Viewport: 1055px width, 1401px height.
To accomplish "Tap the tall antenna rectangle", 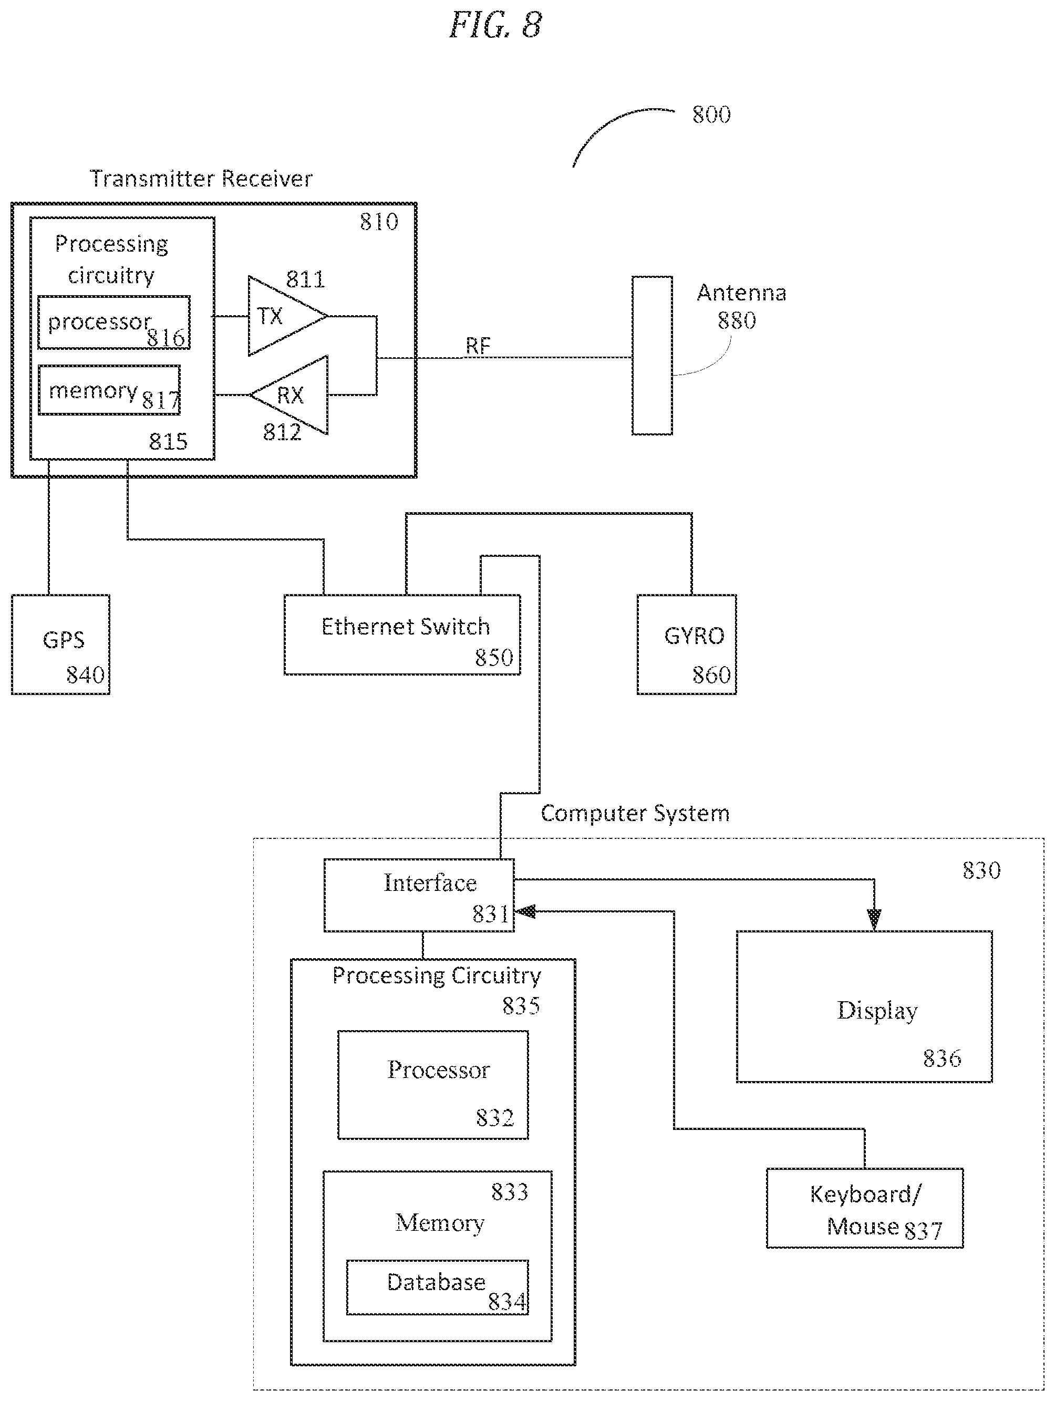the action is point(652,355).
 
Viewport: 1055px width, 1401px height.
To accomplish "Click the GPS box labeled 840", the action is point(60,644).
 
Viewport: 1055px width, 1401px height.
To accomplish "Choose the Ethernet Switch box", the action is point(402,635).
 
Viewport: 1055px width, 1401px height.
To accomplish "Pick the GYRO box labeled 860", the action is point(687,644).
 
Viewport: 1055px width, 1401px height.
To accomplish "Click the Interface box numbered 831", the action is point(419,895).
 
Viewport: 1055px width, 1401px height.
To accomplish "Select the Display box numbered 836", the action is point(864,1006).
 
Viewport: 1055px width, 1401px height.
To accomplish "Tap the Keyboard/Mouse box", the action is point(865,1208).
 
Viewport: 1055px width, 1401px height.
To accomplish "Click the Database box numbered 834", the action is point(437,1287).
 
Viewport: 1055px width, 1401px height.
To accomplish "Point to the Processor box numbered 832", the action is point(433,1085).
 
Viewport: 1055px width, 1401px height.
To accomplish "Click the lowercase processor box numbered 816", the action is point(114,323).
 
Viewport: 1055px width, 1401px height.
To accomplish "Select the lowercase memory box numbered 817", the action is point(109,390).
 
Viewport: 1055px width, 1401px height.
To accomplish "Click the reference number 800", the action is point(711,115).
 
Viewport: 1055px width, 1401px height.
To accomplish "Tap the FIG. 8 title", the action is point(495,25).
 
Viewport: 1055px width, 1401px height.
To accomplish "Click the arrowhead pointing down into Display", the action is point(874,920).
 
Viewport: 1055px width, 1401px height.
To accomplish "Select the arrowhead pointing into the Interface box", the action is point(525,911).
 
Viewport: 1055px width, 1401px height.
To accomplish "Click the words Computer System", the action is point(635,814).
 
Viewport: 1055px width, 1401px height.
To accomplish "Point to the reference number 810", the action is point(379,222).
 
